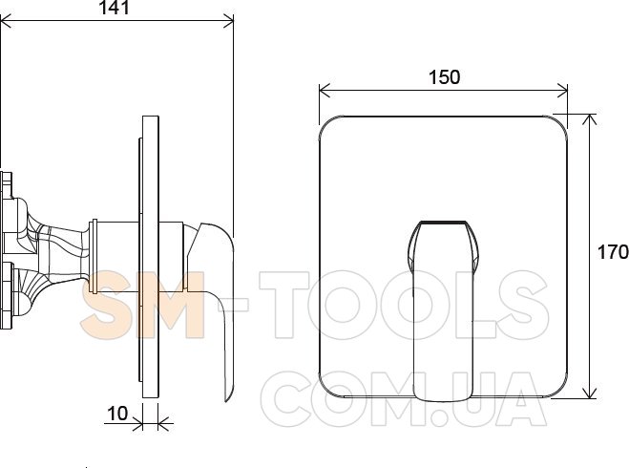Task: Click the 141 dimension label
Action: (115, 8)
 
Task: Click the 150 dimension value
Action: (444, 77)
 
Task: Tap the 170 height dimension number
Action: (613, 252)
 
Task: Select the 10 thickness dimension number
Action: (117, 414)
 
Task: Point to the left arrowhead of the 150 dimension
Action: (325, 91)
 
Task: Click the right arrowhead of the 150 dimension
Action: (562, 91)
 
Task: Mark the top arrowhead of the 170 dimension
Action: (589, 119)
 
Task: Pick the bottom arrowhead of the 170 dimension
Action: (589, 393)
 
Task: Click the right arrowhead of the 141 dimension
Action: (228, 21)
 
